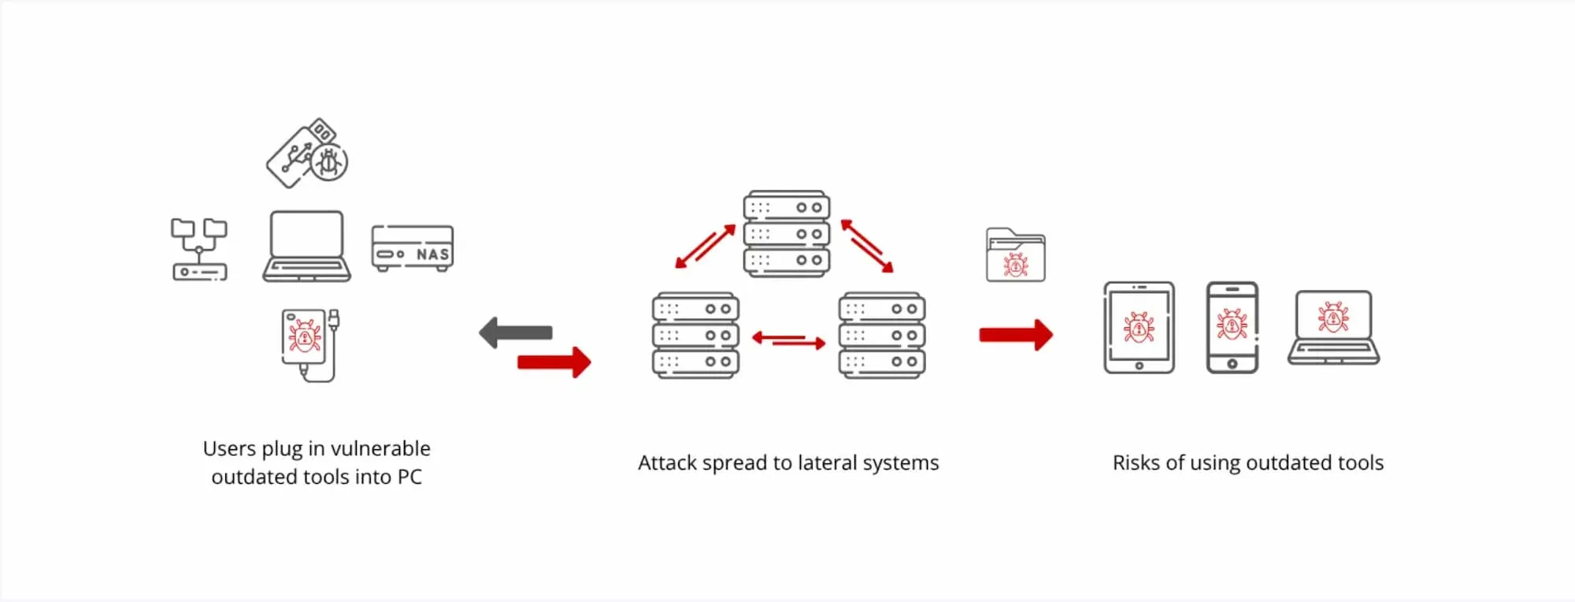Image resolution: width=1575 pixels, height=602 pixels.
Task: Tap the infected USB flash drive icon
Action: click(307, 154)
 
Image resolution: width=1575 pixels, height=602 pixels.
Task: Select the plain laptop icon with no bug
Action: click(306, 246)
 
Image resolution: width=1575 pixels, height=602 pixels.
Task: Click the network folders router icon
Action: click(199, 250)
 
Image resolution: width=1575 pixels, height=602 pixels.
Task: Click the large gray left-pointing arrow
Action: click(516, 333)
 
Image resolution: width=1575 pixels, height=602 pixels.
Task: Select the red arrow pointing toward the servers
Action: click(554, 362)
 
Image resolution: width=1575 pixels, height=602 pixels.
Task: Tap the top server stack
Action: click(787, 234)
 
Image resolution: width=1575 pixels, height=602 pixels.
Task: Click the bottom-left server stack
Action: click(695, 336)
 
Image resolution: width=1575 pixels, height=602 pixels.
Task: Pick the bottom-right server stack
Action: click(882, 336)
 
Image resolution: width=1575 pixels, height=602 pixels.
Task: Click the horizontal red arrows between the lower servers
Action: click(788, 340)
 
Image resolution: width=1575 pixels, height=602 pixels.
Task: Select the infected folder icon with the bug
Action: click(1016, 255)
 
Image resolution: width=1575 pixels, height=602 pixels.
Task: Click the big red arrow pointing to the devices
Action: click(1016, 335)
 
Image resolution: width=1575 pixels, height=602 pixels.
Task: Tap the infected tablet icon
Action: click(1139, 327)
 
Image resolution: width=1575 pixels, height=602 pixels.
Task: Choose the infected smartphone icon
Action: click(1232, 327)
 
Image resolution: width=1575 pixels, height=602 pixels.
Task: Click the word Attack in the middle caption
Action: click(666, 463)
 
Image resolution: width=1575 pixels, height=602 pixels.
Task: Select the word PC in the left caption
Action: click(409, 478)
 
